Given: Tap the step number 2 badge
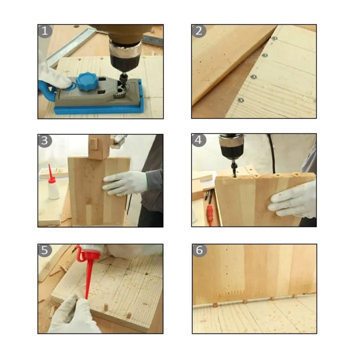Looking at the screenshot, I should (199, 31).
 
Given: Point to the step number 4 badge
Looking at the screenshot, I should (199, 140).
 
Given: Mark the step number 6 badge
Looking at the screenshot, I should (199, 250).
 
